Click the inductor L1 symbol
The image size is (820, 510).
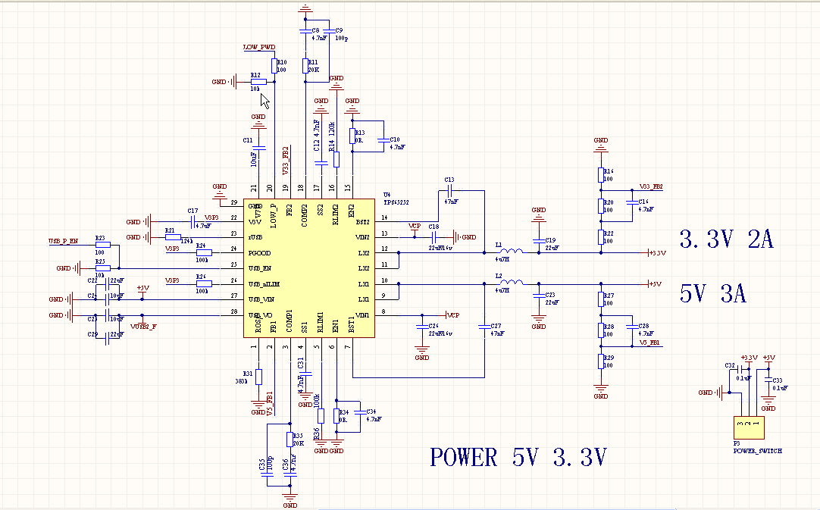click(x=512, y=252)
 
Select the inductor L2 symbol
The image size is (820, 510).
click(x=512, y=283)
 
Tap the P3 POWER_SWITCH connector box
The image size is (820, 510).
click(x=748, y=427)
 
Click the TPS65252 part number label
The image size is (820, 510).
click(x=398, y=203)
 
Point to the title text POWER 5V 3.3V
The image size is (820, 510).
click(x=518, y=458)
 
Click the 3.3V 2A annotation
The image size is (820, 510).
click(x=726, y=240)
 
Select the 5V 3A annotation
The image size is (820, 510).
click(x=712, y=294)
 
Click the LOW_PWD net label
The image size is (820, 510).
click(x=258, y=47)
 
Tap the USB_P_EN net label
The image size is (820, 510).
click(x=64, y=241)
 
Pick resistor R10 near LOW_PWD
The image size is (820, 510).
click(x=274, y=67)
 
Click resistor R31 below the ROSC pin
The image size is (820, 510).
click(x=258, y=377)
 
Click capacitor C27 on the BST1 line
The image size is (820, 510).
click(x=484, y=327)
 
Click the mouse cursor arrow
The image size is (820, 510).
click(x=264, y=101)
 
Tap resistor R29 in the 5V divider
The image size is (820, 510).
click(x=601, y=361)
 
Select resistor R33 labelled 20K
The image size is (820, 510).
click(x=289, y=439)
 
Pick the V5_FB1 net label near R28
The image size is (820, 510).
click(x=649, y=343)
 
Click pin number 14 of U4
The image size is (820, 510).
click(x=385, y=218)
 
